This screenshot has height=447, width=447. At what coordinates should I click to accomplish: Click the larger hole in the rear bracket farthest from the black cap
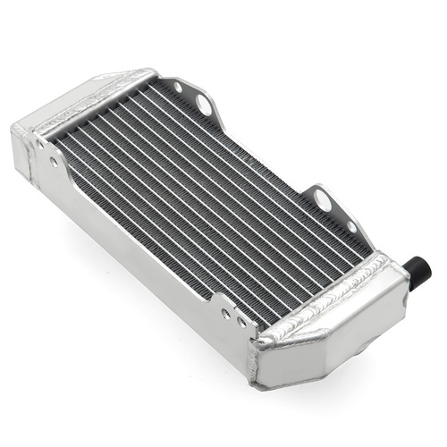[205, 105]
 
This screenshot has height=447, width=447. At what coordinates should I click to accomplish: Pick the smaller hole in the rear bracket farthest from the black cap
[179, 88]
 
